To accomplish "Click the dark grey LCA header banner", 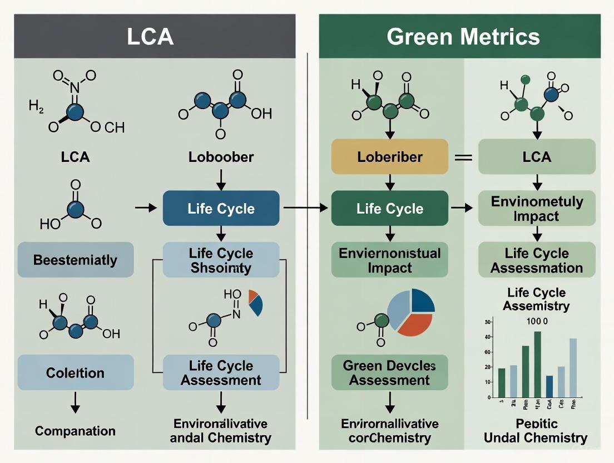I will (155, 36).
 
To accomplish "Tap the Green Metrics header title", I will (463, 37).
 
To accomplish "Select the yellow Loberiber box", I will (389, 156).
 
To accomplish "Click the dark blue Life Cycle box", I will (221, 209).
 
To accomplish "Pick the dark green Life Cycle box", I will (389, 209).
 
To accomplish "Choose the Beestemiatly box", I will (76, 260).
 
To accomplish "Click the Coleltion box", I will (76, 372).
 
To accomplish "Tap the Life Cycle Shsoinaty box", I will (221, 260).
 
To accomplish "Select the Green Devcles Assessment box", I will (389, 373).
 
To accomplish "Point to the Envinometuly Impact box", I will (537, 209).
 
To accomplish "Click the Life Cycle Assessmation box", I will (536, 260).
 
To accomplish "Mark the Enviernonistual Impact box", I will (389, 260).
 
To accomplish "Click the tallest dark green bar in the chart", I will (537, 364).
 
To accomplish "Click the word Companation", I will (75, 431).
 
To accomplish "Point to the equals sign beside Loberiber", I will (463, 157).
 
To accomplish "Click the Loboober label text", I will (221, 157).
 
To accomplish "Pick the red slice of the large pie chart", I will (414, 323).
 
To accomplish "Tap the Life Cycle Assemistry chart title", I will (536, 299).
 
